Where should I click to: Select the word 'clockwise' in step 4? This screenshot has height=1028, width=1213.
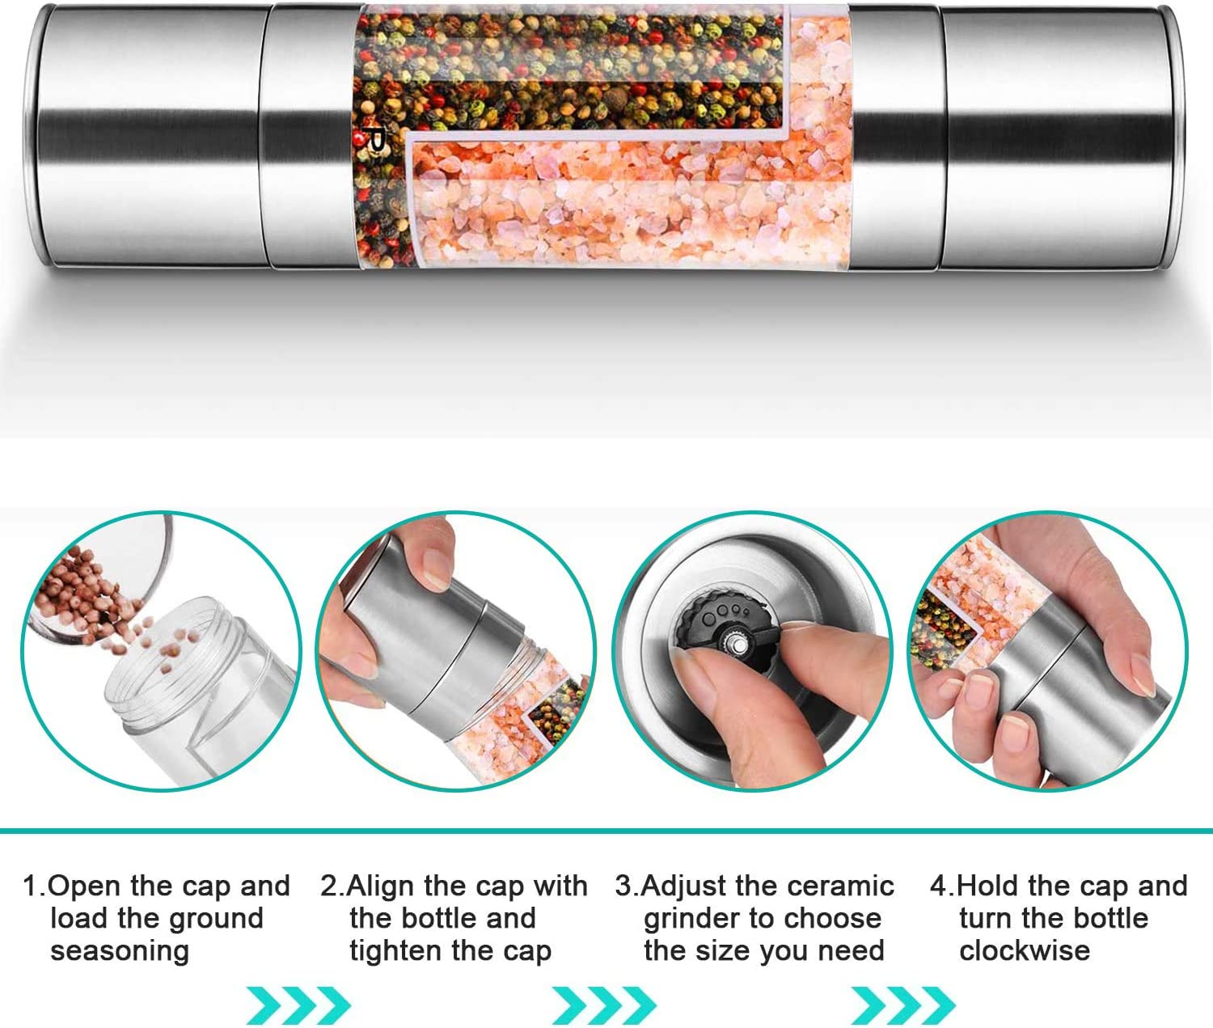pyautogui.click(x=1024, y=950)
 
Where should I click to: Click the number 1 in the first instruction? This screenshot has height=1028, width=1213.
pyautogui.click(x=31, y=886)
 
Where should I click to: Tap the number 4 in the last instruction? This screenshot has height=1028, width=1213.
pyautogui.click(x=937, y=886)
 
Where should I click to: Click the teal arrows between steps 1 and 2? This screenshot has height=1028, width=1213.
pyautogui.click(x=298, y=1005)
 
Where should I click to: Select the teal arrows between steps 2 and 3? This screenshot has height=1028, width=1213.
pyautogui.click(x=604, y=1005)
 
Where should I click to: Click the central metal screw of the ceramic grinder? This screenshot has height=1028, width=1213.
pyautogui.click(x=739, y=643)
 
